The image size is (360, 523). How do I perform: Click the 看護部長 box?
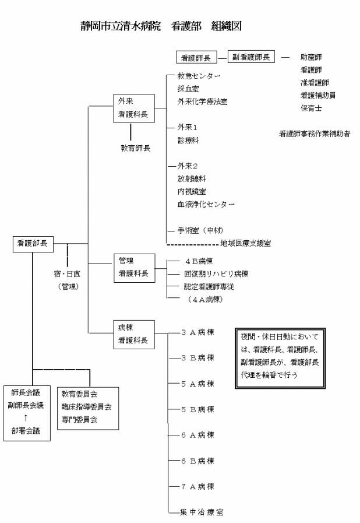coord(33,244)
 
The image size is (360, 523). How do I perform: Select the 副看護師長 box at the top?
coord(251,57)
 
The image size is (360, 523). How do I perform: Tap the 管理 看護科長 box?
coord(135,268)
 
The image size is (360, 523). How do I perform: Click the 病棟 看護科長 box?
coord(134,335)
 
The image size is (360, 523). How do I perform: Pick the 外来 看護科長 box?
coord(134,108)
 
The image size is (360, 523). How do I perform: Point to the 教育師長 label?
coord(135,148)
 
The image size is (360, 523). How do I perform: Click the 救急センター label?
coord(199,76)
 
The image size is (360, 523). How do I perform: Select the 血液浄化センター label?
coord(206,204)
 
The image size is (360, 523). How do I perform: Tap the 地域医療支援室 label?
coord(246,243)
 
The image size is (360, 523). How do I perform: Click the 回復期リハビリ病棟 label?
coord(216,274)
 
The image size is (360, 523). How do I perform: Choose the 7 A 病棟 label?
coord(197,487)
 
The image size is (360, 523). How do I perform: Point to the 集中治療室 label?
coord(202,512)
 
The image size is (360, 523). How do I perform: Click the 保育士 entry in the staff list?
coord(311,108)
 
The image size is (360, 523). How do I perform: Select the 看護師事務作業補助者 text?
coord(315,134)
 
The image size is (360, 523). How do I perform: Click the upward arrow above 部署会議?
coord(26,418)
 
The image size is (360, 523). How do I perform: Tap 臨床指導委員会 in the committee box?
coord(86,406)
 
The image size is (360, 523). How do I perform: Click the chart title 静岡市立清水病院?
coord(121,26)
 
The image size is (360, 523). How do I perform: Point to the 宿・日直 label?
coord(67,274)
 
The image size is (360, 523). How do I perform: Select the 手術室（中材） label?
coord(200,230)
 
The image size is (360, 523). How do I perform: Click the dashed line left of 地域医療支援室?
coord(192,245)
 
